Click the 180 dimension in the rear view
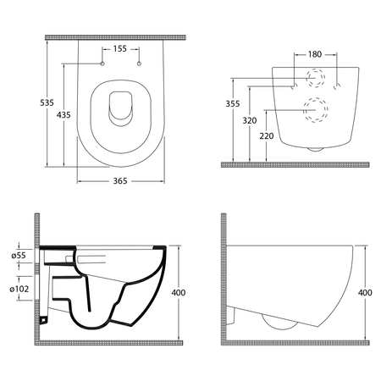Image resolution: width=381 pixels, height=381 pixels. click(315, 54)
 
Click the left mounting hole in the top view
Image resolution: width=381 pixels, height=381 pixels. click(101, 65)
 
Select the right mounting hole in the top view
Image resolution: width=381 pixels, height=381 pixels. click(137, 65)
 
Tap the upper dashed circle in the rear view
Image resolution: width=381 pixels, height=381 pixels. click(315, 81)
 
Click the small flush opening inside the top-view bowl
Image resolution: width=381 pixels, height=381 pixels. click(119, 104)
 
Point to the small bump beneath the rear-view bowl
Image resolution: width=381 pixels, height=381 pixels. click(315, 148)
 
